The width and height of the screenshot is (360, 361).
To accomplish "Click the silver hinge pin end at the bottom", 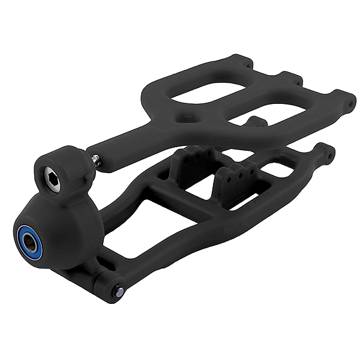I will coord(120,291).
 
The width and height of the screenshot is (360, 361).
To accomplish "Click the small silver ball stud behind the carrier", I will coord(95,160).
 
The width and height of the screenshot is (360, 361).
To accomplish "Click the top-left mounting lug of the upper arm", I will coord(245,61).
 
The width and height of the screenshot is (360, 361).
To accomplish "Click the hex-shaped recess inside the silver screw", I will coord(52,179).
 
